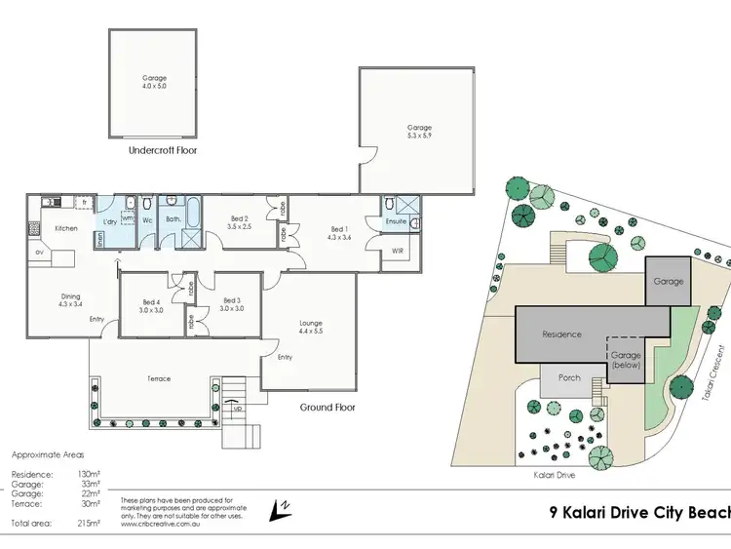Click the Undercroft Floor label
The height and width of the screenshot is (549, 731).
pyautogui.click(x=164, y=152)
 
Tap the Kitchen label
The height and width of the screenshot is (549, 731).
pyautogui.click(x=66, y=228)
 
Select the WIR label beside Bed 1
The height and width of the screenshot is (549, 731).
pyautogui.click(x=397, y=251)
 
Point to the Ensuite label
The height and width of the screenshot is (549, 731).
pyautogui.click(x=396, y=221)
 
